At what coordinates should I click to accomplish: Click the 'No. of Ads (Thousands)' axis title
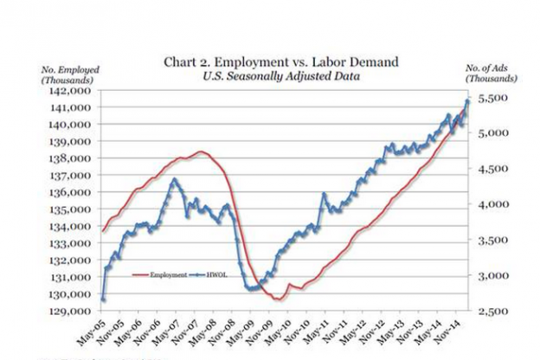492,74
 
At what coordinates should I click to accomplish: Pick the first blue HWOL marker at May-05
103,300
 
